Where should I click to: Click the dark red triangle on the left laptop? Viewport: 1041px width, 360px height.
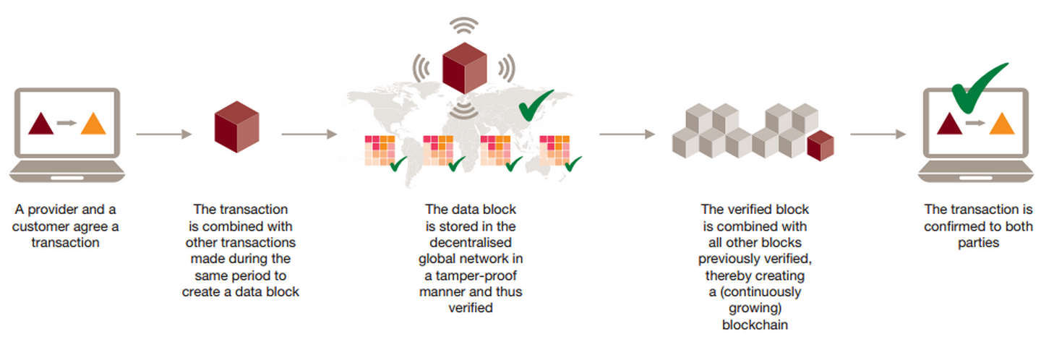tap(41, 124)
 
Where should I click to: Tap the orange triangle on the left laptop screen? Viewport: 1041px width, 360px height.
tap(93, 124)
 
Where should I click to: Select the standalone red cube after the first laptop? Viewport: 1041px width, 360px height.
tap(236, 127)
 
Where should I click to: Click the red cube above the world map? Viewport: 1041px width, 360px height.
tap(465, 68)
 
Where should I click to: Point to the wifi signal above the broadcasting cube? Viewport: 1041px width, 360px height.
tap(464, 25)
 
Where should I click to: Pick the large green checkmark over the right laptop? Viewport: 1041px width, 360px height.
tap(977, 89)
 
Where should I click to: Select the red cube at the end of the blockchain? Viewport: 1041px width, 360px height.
tap(821, 146)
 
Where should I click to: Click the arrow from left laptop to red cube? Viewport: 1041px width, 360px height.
tap(164, 134)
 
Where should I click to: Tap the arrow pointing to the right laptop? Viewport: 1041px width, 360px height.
tap(878, 134)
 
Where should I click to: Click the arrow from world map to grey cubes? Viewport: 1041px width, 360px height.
tap(627, 134)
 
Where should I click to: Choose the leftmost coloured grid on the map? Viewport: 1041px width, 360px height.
tap(380, 150)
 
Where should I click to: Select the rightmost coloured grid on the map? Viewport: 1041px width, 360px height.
tap(554, 150)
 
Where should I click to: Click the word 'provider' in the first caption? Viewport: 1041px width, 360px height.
tap(53, 210)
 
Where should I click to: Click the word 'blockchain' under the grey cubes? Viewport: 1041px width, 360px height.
tap(755, 325)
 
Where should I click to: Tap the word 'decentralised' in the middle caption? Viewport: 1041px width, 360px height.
tap(471, 243)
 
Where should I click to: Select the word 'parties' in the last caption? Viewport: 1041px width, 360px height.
tap(978, 243)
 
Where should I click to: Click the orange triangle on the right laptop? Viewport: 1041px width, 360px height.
tap(1001, 124)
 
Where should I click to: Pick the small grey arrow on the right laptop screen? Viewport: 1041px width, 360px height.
tap(975, 123)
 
